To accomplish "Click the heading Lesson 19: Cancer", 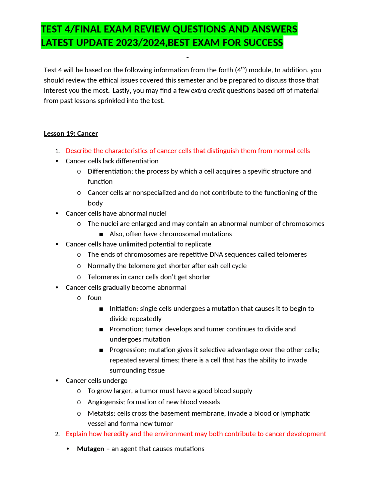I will pyautogui.click(x=71, y=134).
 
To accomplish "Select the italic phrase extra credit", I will pyautogui.click(x=208, y=90).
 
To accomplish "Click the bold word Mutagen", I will pyautogui.click(x=90, y=449).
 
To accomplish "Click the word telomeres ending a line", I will pyautogui.click(x=291, y=254).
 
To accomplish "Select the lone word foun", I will pyautogui.click(x=94, y=298).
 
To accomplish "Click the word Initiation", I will pyautogui.click(x=124, y=309).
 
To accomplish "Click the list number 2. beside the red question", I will pyautogui.click(x=57, y=434).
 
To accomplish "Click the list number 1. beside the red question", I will pyautogui.click(x=57, y=151).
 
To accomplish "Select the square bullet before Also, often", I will pyautogui.click(x=101, y=234).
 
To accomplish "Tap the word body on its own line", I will pyautogui.click(x=95, y=203).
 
